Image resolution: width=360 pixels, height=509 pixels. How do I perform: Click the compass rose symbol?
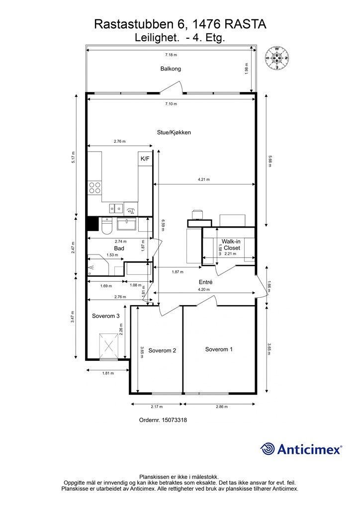(277, 58)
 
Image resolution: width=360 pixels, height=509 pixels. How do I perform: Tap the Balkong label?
(171, 69)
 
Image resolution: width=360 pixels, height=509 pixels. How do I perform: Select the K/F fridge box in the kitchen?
(145, 159)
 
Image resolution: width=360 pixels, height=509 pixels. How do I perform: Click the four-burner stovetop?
(95, 187)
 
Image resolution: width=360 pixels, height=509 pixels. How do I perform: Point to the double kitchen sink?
(116, 207)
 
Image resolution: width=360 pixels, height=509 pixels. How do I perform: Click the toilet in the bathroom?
(106, 226)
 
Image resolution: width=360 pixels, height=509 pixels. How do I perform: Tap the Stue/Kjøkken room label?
(174, 132)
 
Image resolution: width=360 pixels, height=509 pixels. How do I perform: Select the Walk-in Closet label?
(231, 245)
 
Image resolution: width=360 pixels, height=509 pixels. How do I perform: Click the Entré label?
(205, 282)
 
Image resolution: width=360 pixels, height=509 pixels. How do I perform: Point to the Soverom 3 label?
(106, 316)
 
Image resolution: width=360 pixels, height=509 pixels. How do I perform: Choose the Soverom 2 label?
(162, 350)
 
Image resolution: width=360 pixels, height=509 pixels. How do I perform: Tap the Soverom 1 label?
(219, 349)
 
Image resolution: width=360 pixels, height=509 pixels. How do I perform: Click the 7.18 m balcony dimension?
(171, 55)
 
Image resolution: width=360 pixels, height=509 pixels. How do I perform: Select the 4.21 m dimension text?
(203, 179)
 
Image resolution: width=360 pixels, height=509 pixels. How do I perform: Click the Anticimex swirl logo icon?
(267, 449)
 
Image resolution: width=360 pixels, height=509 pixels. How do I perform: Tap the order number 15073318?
(175, 420)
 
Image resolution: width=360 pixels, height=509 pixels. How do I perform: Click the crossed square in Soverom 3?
(108, 346)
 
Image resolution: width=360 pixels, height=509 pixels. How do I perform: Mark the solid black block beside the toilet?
(93, 224)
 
